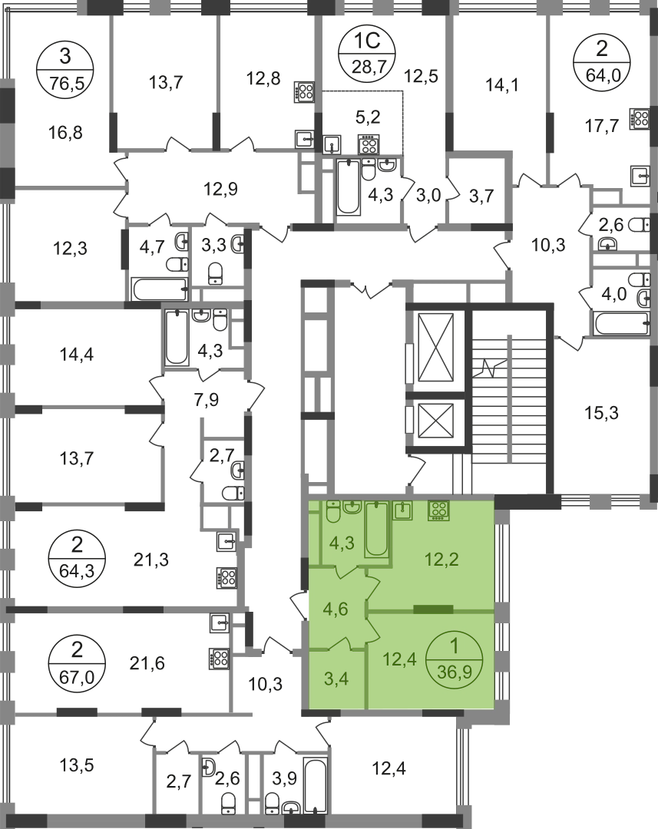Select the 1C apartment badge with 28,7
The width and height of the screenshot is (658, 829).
point(368,52)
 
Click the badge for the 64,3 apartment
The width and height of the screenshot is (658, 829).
point(77,558)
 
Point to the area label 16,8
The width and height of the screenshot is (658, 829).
point(65,132)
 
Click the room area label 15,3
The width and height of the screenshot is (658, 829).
point(602,413)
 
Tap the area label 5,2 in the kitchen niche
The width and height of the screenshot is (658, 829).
point(368,117)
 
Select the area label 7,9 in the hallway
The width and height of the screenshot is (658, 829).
point(207,400)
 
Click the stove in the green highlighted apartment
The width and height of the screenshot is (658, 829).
point(438,510)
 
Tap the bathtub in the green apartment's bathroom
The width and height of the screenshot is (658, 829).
point(376,529)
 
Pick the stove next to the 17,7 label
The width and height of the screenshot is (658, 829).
point(639,119)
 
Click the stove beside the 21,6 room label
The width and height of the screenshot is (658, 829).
point(219,659)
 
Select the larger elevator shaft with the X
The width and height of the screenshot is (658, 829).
point(435,348)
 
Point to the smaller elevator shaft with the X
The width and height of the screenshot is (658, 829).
point(435,421)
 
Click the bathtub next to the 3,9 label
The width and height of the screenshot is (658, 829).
point(315,784)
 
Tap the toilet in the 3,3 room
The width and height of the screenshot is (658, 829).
point(215,273)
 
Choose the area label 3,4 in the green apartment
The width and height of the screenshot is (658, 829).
point(336,679)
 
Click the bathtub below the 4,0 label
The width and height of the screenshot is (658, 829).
point(621,324)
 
